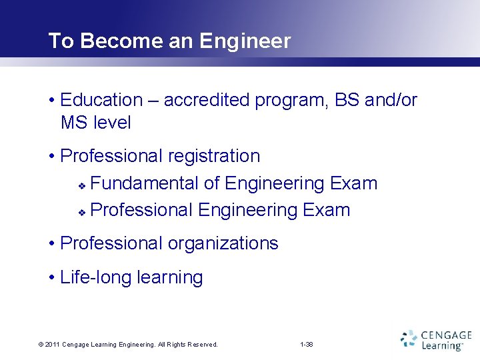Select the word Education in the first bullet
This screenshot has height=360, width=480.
pyautogui.click(x=101, y=100)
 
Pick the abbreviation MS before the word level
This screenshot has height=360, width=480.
pyautogui.click(x=73, y=123)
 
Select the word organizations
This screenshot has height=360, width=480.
pyautogui.click(x=223, y=243)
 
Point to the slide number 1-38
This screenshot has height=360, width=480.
pyautogui.click(x=307, y=345)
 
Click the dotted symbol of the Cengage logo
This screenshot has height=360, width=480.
pyautogui.click(x=409, y=339)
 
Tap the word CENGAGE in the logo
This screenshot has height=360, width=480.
pyautogui.click(x=446, y=335)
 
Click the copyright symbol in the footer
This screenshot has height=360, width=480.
pyautogui.click(x=41, y=345)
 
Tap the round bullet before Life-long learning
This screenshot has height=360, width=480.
pyautogui.click(x=52, y=278)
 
